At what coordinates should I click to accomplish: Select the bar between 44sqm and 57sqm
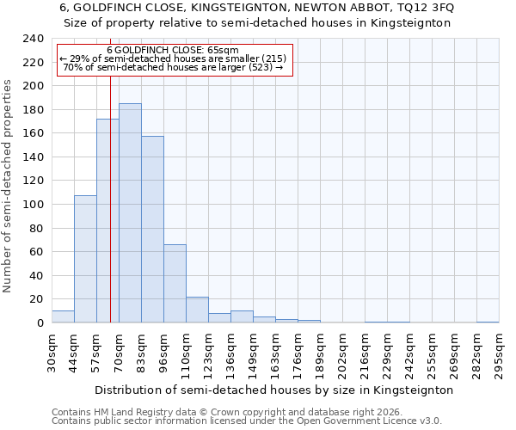click(85, 259)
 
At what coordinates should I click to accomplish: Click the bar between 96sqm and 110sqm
click(175, 284)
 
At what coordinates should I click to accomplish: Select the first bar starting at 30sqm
click(63, 316)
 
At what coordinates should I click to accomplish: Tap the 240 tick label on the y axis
click(34, 39)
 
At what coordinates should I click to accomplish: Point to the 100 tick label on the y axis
click(34, 205)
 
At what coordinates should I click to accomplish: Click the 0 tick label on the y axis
click(40, 323)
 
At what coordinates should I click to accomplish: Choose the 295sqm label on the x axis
click(499, 353)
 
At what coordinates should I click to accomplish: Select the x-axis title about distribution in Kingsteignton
click(273, 390)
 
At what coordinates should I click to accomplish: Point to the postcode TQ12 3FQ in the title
click(423, 8)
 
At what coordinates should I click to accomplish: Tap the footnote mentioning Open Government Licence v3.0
click(247, 421)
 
